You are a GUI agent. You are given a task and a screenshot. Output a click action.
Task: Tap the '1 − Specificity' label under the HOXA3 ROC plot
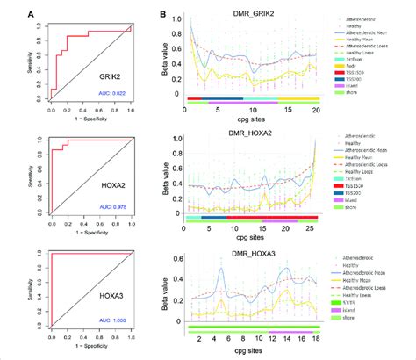[x=90, y=354]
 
